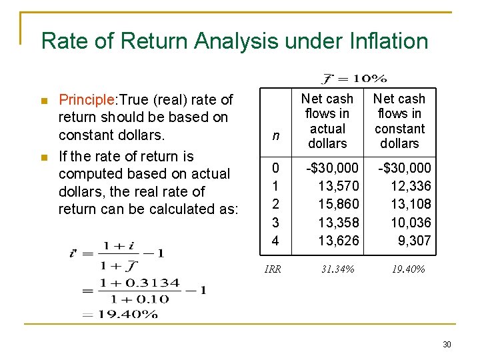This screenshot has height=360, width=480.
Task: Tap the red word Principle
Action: (x=86, y=100)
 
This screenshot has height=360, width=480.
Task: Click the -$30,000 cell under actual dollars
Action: (x=332, y=168)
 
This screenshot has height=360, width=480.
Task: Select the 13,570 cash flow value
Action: (x=339, y=186)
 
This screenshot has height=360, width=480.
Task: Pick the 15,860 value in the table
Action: (x=339, y=204)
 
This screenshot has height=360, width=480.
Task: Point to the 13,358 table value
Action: (x=339, y=222)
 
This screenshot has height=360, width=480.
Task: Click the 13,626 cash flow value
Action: (x=339, y=240)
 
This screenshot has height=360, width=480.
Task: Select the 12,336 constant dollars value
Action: (x=411, y=186)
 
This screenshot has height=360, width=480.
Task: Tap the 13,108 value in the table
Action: (x=411, y=204)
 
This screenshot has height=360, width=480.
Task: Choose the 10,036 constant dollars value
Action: (x=411, y=222)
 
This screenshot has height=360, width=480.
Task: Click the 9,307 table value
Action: (x=415, y=240)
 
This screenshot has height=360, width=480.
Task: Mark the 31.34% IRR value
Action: (x=337, y=269)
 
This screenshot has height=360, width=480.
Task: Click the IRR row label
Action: (x=273, y=269)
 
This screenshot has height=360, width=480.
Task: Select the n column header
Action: (x=275, y=137)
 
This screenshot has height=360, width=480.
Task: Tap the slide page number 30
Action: (x=447, y=344)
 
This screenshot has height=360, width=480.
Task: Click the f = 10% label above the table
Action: (x=353, y=79)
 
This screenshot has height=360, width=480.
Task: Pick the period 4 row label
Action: (x=275, y=240)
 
